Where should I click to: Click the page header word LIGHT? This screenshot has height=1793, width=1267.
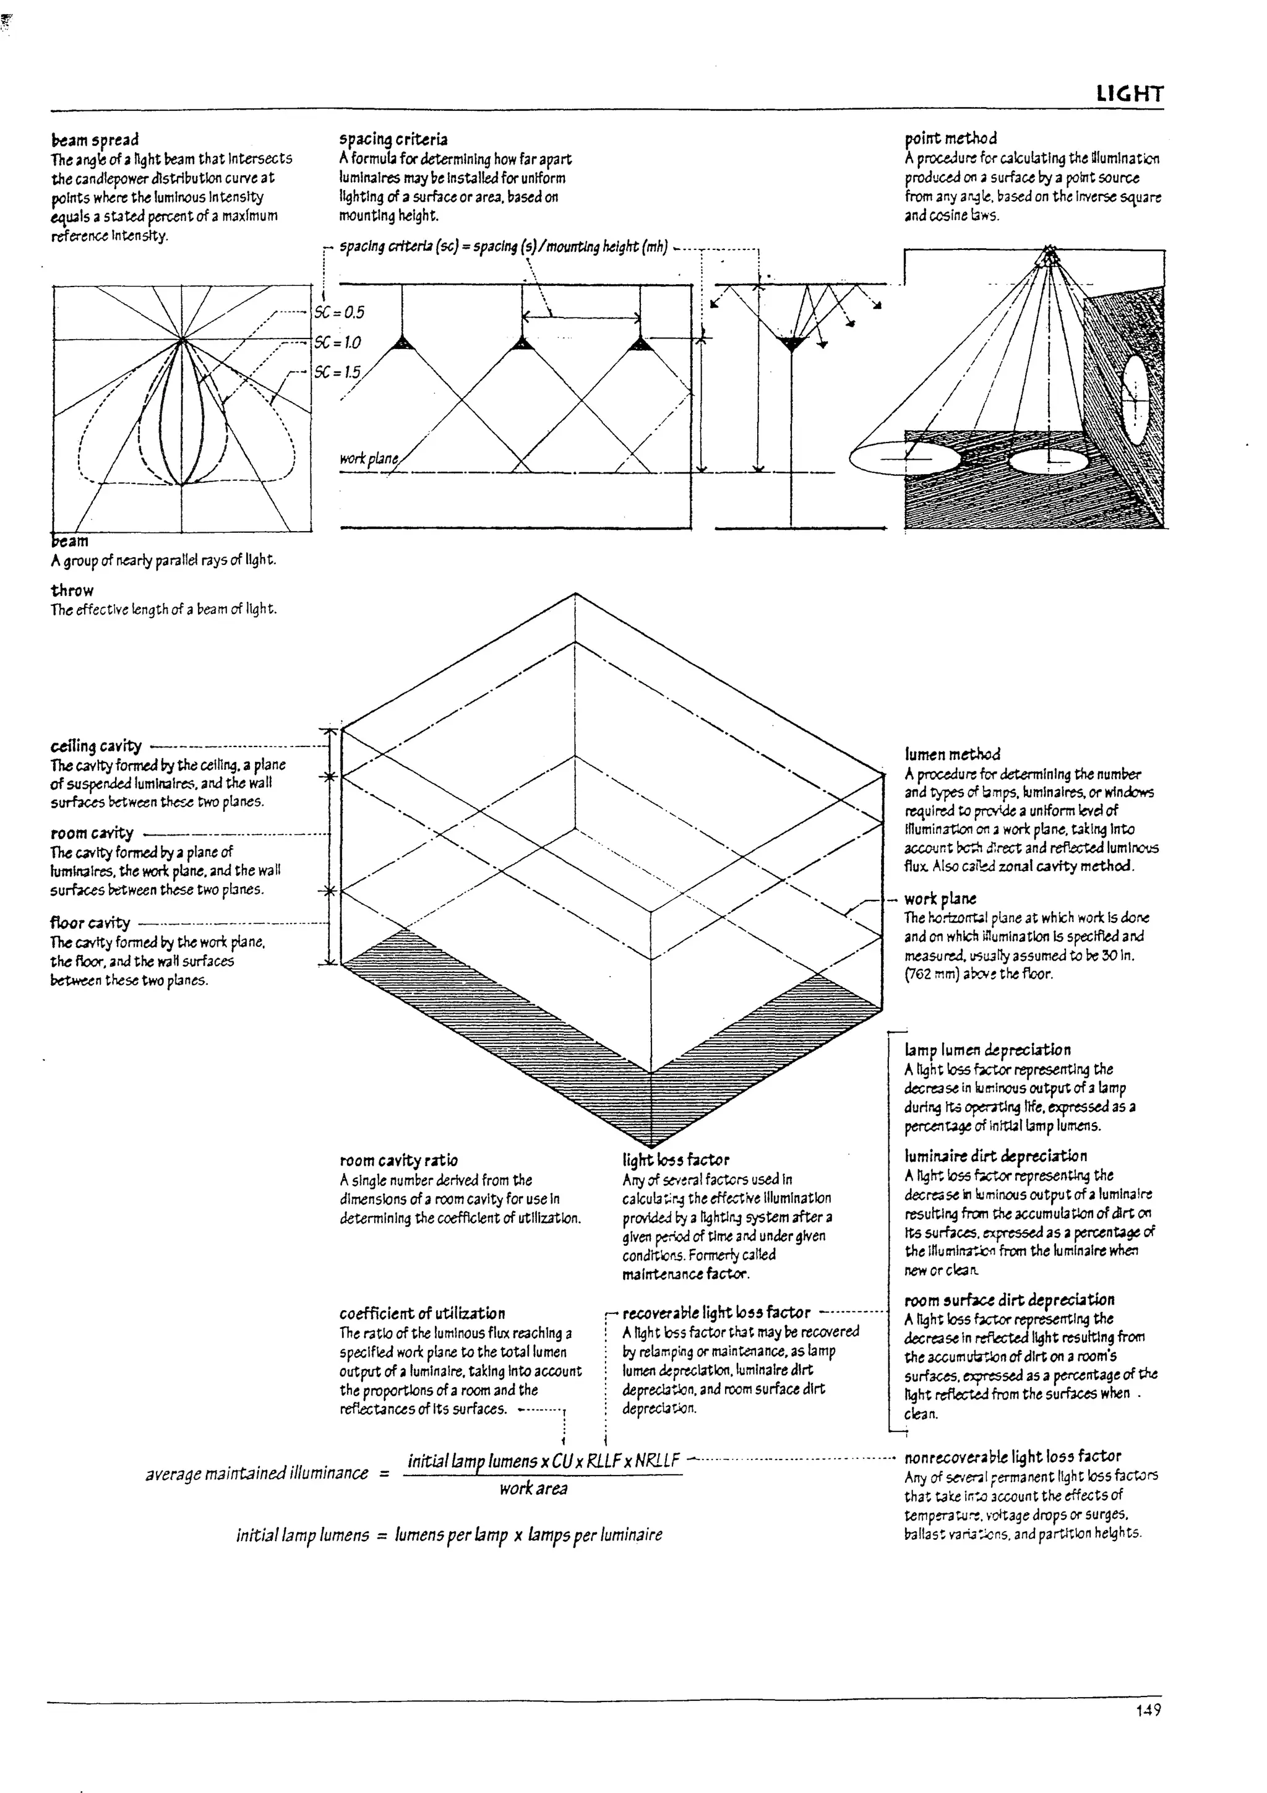[1130, 95]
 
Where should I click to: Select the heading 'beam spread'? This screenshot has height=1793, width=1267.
[95, 140]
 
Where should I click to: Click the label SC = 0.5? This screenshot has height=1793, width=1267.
[339, 313]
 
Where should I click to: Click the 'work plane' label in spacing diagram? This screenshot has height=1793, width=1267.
[369, 459]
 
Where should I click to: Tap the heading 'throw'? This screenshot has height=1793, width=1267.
[72, 590]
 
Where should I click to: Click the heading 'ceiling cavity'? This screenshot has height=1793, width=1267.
[96, 746]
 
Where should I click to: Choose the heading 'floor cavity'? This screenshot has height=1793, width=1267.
[90, 923]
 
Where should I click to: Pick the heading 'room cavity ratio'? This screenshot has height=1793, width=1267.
[398, 1160]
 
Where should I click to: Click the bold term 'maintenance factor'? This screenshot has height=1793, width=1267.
[685, 1274]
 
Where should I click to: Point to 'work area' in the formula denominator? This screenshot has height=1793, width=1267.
[533, 1488]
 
